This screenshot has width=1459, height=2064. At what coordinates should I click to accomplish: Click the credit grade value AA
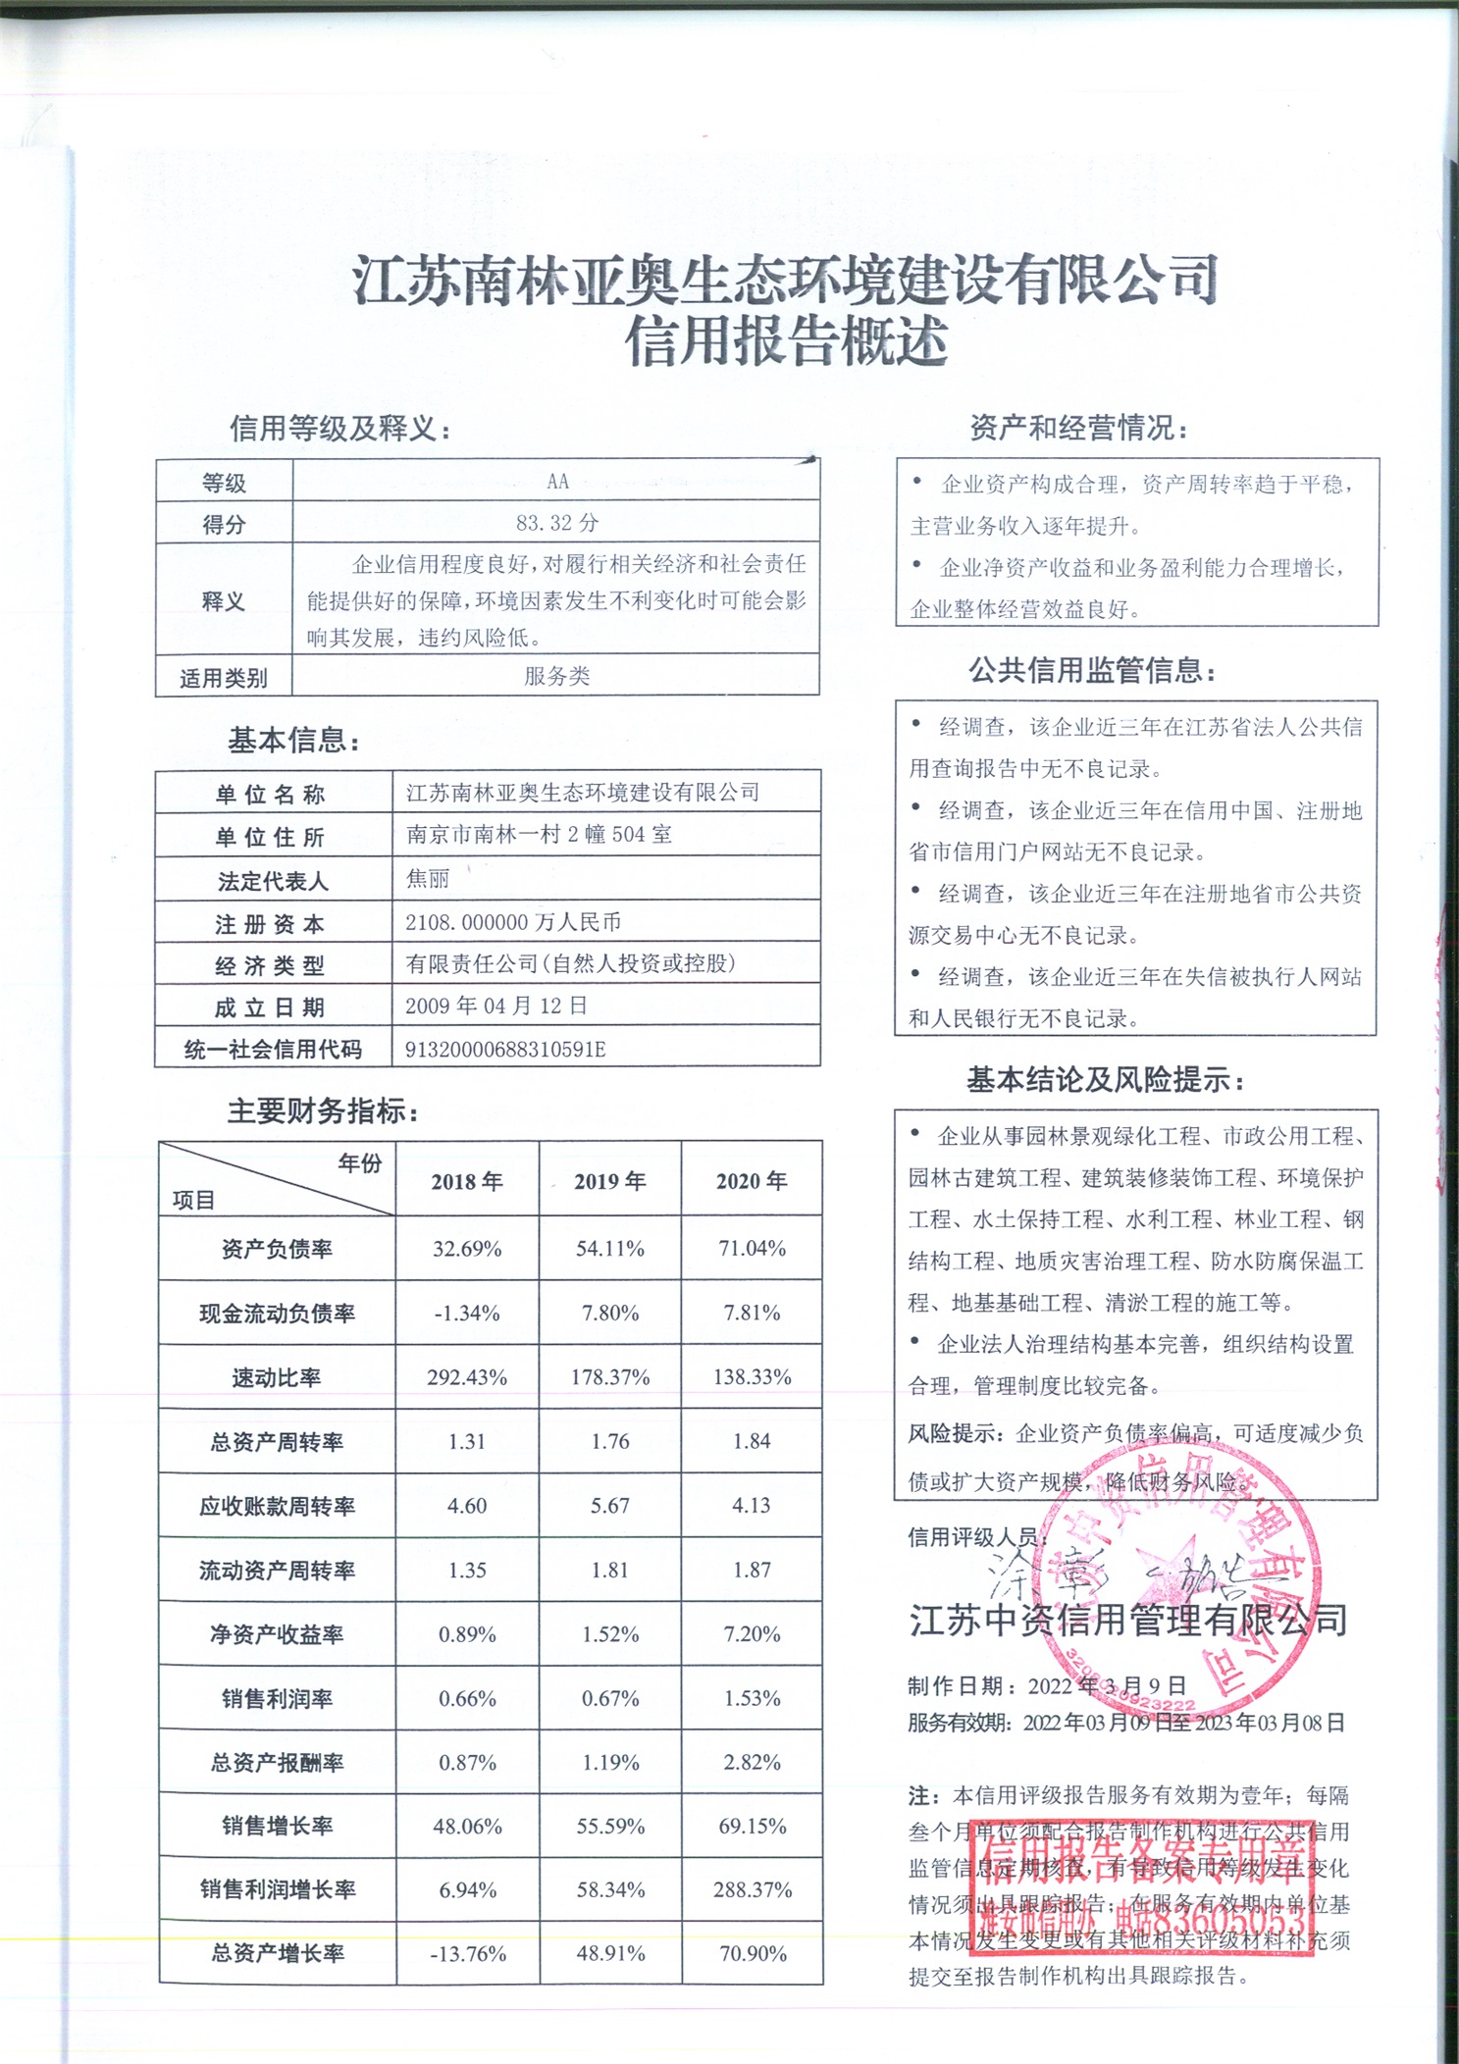pyautogui.click(x=557, y=481)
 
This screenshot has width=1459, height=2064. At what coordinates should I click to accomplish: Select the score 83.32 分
pyautogui.click(x=557, y=523)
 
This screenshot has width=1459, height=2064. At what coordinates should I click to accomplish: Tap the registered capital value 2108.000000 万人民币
pyautogui.click(x=513, y=922)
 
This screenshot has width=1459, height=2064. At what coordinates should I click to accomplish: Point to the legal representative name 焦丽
pyautogui.click(x=428, y=879)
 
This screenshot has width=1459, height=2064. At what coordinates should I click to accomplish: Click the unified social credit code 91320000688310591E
pyautogui.click(x=505, y=1049)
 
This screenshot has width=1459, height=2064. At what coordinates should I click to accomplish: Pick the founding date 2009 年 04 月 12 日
pyautogui.click(x=496, y=1006)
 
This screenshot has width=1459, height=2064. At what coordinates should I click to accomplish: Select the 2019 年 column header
pyautogui.click(x=609, y=1181)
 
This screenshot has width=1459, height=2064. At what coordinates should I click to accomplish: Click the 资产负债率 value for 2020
pyautogui.click(x=752, y=1249)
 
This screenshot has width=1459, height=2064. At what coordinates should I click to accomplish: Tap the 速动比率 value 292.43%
pyautogui.click(x=467, y=1377)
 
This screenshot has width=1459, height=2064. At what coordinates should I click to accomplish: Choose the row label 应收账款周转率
pyautogui.click(x=277, y=1506)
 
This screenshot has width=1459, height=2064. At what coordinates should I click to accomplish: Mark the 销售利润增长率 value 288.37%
pyautogui.click(x=752, y=1889)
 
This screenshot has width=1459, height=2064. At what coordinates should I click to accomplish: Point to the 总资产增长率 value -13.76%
pyautogui.click(x=467, y=1954)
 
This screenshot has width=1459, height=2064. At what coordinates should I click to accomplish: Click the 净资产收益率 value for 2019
pyautogui.click(x=609, y=1634)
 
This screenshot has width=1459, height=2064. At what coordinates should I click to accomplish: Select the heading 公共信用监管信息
pyautogui.click(x=1092, y=671)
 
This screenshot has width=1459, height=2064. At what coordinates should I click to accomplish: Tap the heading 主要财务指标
pyautogui.click(x=323, y=1111)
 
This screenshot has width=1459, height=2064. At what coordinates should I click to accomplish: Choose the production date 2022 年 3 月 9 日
pyautogui.click(x=1107, y=1686)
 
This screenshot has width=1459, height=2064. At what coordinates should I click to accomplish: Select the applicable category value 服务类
pyautogui.click(x=556, y=676)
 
